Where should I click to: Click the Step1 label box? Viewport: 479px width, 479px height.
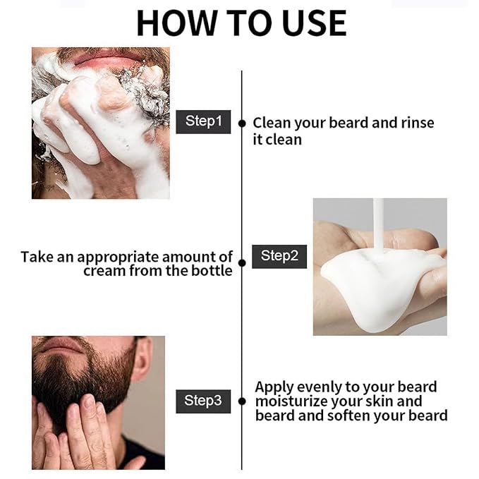203,121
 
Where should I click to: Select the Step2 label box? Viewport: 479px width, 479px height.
279,256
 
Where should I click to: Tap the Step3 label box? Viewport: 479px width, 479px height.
203,401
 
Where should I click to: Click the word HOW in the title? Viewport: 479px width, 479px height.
176,23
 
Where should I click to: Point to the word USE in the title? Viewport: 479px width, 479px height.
315,23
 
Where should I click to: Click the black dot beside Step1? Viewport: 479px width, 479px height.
242,123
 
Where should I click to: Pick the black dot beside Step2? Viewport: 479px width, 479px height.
242,262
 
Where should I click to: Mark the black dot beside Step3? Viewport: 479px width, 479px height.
242,401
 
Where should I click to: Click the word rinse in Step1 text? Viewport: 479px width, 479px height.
418,123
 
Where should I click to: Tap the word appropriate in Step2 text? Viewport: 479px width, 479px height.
118,257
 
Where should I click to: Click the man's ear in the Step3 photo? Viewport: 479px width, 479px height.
142,359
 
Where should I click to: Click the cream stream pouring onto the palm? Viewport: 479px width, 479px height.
378,224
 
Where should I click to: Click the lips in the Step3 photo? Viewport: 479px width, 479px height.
63,344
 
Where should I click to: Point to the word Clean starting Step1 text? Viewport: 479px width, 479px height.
272,123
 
